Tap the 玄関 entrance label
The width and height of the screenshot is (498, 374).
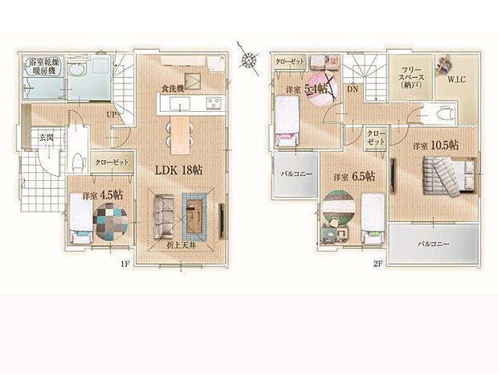pyautogui.click(x=46, y=138)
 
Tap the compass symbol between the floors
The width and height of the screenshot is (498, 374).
pyautogui.click(x=250, y=57)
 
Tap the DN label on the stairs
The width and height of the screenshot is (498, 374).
pyautogui.click(x=353, y=89)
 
